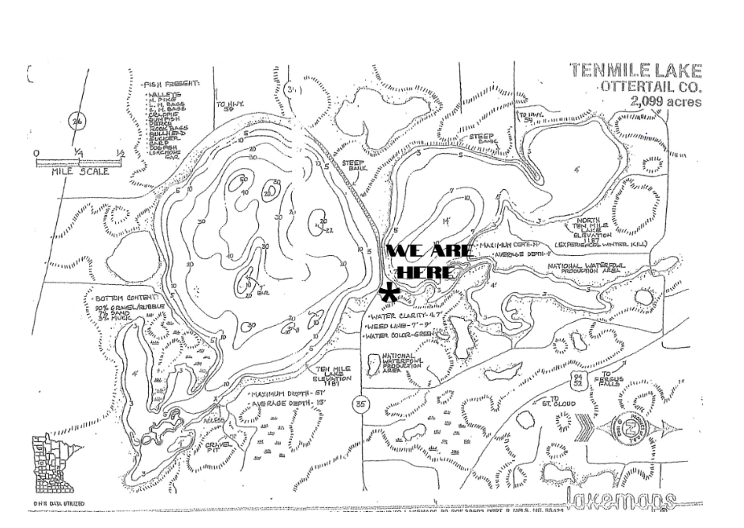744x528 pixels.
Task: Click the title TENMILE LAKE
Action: click(635, 71)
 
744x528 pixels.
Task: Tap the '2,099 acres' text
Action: click(666, 101)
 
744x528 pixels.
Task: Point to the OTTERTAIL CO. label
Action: click(650, 86)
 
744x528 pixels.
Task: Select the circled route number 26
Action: click(79, 122)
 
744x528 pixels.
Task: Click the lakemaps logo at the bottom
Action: click(620, 498)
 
